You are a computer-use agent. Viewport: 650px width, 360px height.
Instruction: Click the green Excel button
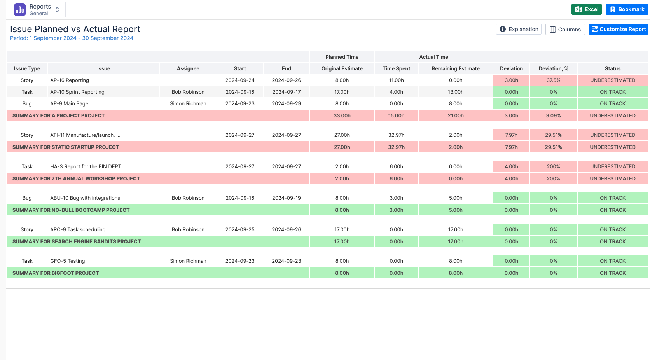586,9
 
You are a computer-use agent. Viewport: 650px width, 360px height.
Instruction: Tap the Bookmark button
627,9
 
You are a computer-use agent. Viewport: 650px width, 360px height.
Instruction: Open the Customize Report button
619,29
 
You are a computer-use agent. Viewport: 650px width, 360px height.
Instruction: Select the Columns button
565,29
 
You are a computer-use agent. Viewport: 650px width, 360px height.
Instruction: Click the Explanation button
519,29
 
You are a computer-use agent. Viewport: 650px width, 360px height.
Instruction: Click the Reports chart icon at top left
20,10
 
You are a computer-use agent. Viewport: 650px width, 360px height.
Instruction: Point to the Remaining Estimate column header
456,68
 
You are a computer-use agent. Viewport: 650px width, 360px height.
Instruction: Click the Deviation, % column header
553,68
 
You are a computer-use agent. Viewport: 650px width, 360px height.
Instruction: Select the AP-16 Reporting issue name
70,80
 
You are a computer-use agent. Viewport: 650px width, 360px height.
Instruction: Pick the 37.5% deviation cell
553,80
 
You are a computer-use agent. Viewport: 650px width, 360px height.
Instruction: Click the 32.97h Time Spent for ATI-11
397,135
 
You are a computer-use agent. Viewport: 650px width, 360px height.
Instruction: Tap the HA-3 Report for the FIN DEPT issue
86,166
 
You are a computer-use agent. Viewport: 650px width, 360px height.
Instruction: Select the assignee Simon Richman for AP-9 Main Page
188,103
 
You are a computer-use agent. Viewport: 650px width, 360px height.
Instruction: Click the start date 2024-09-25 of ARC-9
240,229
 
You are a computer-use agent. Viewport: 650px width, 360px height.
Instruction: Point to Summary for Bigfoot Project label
56,273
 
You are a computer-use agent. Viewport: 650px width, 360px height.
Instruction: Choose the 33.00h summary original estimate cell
342,115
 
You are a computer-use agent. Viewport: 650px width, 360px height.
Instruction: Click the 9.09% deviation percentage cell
553,115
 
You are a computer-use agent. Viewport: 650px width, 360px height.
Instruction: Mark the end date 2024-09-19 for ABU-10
287,198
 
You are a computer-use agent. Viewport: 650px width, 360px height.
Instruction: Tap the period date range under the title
72,38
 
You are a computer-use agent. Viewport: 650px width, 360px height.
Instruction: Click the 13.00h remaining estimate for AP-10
456,92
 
